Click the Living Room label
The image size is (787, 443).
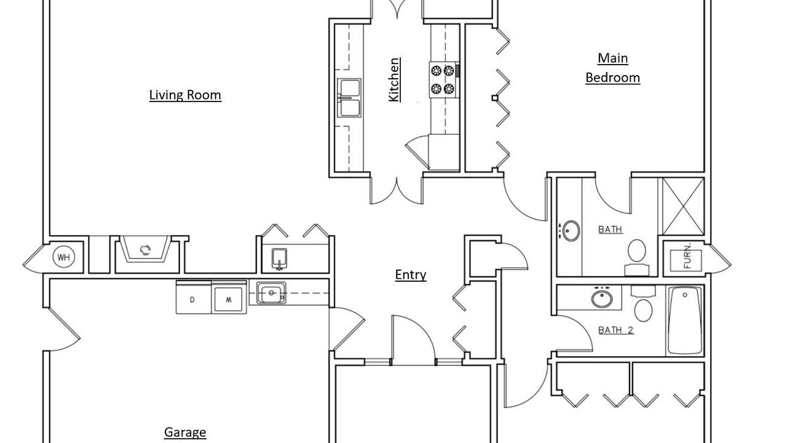(x=185, y=95)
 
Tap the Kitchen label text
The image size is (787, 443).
(x=394, y=80)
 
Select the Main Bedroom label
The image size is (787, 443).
(x=613, y=68)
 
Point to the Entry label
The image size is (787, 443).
(x=411, y=274)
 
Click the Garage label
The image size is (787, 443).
(x=185, y=432)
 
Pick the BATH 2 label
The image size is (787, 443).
(x=616, y=330)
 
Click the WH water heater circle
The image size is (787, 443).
(x=63, y=257)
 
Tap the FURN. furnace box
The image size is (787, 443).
(x=686, y=260)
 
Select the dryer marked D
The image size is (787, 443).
(x=194, y=297)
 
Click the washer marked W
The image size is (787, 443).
(x=229, y=297)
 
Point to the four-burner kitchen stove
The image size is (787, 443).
(x=444, y=80)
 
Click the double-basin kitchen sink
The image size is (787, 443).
(x=349, y=98)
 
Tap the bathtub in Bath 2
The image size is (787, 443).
(x=685, y=321)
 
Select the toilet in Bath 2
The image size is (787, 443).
(x=643, y=303)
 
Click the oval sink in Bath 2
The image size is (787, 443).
(x=602, y=298)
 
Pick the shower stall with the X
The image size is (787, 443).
(x=683, y=206)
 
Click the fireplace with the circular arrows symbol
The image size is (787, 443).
(x=146, y=249)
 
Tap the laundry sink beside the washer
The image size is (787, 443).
(x=271, y=293)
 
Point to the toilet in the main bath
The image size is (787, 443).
(x=636, y=257)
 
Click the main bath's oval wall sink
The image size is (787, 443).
(x=571, y=231)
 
